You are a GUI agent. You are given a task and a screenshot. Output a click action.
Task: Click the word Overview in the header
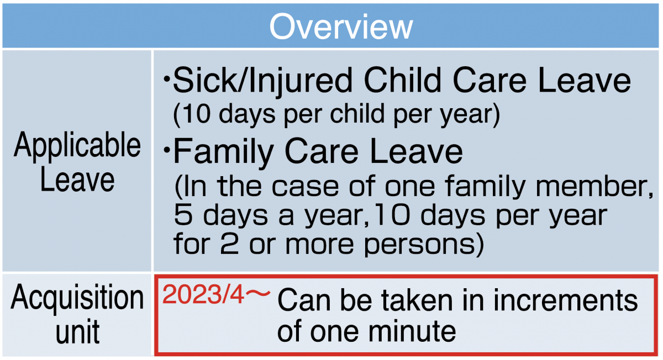pyautogui.click(x=341, y=27)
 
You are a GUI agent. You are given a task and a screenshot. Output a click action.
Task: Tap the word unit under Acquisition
pyautogui.click(x=78, y=332)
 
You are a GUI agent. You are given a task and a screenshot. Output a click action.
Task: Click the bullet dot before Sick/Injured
pyautogui.click(x=167, y=80)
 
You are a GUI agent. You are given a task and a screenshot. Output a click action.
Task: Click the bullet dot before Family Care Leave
pyautogui.click(x=167, y=150)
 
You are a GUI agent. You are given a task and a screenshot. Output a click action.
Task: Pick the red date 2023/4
pyautogui.click(x=203, y=294)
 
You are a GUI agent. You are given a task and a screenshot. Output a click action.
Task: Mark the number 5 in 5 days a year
pyautogui.click(x=183, y=215)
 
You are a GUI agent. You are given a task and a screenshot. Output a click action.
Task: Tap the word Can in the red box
pyautogui.click(x=304, y=300)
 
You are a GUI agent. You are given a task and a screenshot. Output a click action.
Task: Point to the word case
pyautogui.click(x=305, y=187)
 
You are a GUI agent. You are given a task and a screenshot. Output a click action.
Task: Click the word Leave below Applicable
pyautogui.click(x=77, y=180)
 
